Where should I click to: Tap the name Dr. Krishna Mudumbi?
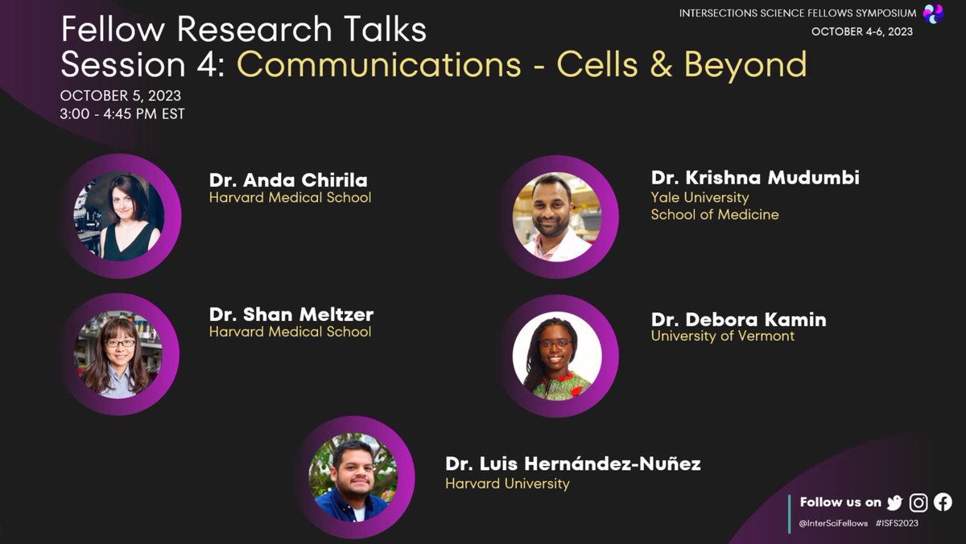[755, 178]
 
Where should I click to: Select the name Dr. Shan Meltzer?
[291, 314]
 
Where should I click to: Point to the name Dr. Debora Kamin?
[738, 319]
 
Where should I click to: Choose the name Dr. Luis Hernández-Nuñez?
[572, 464]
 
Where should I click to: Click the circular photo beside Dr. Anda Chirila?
[119, 216]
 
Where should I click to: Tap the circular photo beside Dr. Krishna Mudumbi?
[557, 217]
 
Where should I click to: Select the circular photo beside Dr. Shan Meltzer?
[118, 354]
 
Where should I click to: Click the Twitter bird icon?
[894, 503]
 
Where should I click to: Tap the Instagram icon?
[919, 503]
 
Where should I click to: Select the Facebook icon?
[943, 503]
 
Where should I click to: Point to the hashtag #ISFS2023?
[897, 523]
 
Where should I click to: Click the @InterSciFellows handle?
[834, 523]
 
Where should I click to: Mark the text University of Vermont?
[722, 336]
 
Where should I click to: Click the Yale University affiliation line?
[700, 197]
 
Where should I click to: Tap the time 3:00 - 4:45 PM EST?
[122, 114]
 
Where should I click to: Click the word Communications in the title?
[379, 65]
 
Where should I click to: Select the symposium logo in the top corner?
[933, 13]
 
